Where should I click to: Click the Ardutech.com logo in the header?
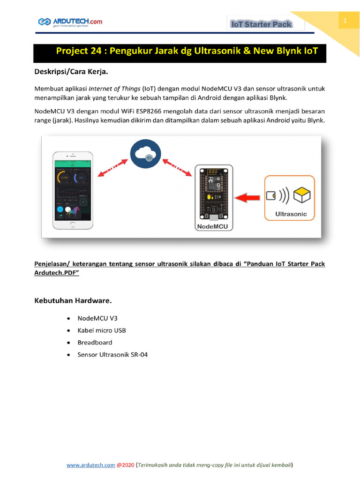pos(70,22)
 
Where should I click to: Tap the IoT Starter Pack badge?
pos(261,24)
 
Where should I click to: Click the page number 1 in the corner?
pos(345,21)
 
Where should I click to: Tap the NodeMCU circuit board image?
pos(214,193)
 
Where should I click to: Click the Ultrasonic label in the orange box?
pos(291,214)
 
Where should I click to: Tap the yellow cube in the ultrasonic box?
pos(302,194)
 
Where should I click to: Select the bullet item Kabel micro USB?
pos(102,330)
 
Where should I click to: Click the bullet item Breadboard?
pos(95,343)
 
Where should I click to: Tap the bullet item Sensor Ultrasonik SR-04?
pos(112,355)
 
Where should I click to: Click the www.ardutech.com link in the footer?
pos(90,465)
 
